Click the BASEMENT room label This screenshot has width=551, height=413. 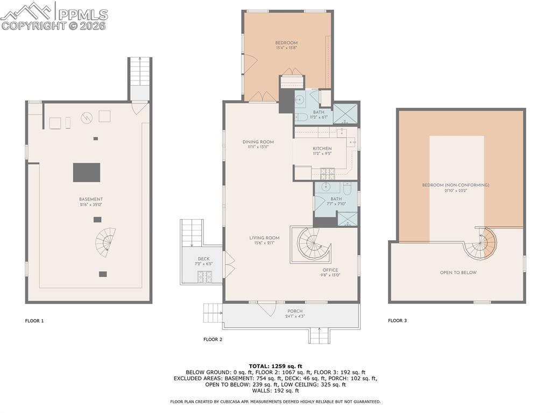pos(90,199)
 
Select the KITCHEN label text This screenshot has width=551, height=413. pos(322,149)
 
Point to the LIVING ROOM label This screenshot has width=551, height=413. pos(264,238)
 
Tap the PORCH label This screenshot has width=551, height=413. pos(295,311)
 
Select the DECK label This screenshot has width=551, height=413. pos(203,259)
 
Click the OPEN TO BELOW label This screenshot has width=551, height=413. pos(458,272)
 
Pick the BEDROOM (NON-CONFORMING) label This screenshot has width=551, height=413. pos(455,185)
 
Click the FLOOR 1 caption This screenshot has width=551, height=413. pos(34,321)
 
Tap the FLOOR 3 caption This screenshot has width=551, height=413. pos(398,321)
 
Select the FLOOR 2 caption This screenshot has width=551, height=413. pos(213,339)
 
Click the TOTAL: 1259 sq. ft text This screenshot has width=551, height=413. pos(275,366)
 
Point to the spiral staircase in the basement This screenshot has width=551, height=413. pos(106,241)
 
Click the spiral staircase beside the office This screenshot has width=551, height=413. pos(311,244)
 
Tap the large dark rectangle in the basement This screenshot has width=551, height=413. pos(87,172)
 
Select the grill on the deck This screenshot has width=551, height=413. pos(204,277)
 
